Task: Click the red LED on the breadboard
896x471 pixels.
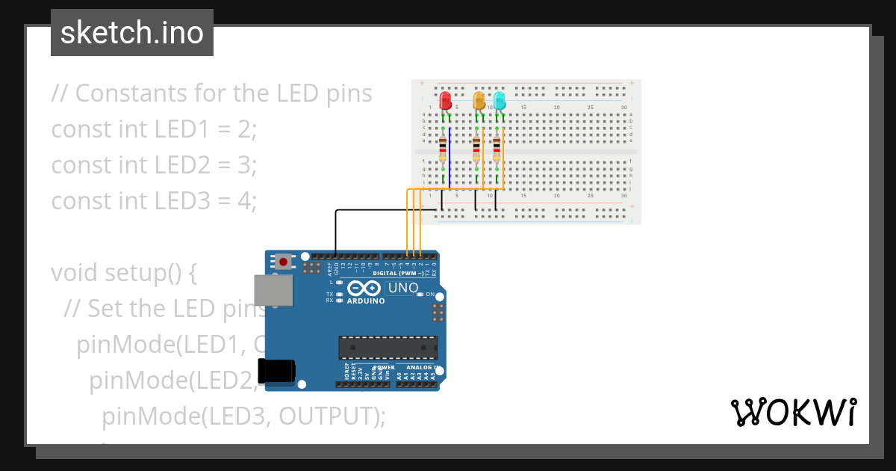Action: (x=446, y=101)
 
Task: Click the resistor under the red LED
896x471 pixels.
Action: (x=443, y=149)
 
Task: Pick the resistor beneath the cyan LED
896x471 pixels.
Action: (x=497, y=149)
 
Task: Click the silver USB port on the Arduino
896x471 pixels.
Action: (x=274, y=290)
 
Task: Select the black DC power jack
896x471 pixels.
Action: (x=276, y=372)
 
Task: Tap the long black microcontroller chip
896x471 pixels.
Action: (x=388, y=347)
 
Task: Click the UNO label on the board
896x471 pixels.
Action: (x=402, y=288)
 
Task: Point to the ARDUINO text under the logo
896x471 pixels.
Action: (x=366, y=301)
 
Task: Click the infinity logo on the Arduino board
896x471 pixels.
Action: (x=364, y=289)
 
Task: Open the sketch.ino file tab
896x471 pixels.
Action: (x=132, y=33)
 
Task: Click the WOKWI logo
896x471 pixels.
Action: (x=793, y=412)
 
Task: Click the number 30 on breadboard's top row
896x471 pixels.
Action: (x=623, y=108)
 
